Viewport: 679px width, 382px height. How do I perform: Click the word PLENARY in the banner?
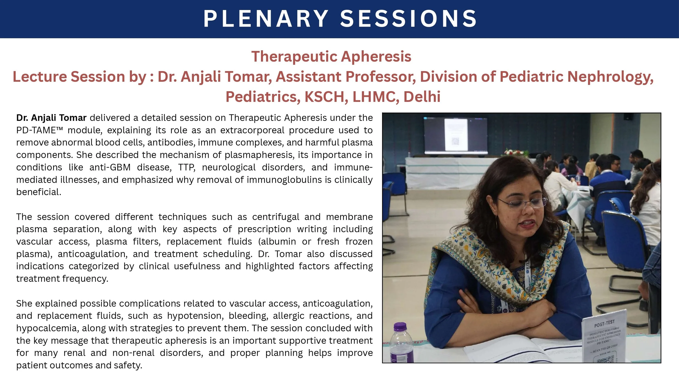click(266, 19)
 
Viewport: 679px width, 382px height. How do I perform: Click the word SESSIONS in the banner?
click(408, 19)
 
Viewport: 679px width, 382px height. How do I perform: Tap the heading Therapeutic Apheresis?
click(331, 56)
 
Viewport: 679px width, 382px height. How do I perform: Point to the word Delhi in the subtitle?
click(422, 97)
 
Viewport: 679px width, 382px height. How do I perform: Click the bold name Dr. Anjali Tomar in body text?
click(51, 118)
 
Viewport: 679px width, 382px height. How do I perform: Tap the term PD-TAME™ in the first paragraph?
click(39, 130)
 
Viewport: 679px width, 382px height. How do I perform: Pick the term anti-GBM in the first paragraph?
click(110, 167)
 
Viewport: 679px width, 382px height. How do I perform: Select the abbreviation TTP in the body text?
click(187, 167)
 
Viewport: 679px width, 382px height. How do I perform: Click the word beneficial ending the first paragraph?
click(39, 192)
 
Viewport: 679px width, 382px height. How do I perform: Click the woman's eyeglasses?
click(523, 202)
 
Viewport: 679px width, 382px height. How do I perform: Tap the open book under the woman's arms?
click(516, 350)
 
